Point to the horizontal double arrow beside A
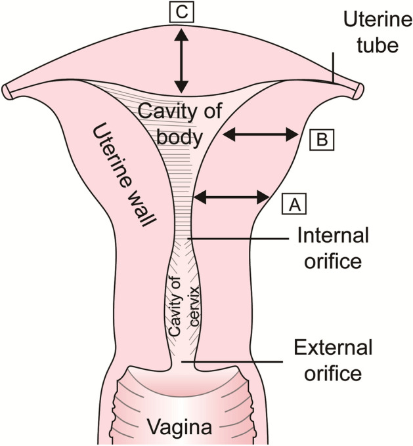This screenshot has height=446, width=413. click(x=233, y=195)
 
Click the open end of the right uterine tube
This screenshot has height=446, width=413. click(x=359, y=89)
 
